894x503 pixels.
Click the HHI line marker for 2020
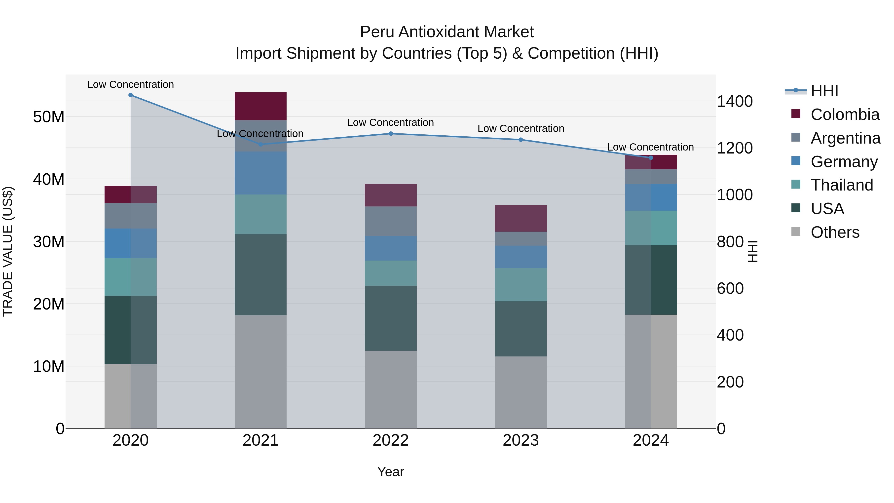pos(130,95)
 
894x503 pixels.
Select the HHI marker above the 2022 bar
pos(390,134)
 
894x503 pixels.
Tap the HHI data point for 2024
pos(651,158)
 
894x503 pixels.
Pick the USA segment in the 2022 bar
pos(390,318)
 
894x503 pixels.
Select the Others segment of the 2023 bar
pos(521,392)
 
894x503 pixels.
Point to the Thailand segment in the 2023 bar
pos(521,285)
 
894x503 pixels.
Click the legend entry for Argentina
pos(845,138)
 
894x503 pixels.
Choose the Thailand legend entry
pos(842,185)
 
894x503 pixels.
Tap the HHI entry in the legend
pos(824,91)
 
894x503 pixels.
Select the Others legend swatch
pos(796,232)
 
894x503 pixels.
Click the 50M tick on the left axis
pos(49,117)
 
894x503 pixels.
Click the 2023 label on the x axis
pos(521,440)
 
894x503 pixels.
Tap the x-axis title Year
pos(390,472)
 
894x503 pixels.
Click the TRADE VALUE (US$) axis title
pos(8,251)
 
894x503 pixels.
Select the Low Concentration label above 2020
pos(130,84)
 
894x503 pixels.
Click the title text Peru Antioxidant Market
pos(447,32)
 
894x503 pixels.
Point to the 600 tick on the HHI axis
pos(730,288)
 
